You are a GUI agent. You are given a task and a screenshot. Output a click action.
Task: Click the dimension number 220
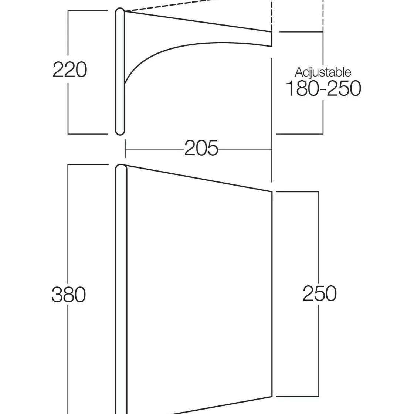coord(70,70)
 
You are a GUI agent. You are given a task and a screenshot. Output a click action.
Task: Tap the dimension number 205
coord(201,148)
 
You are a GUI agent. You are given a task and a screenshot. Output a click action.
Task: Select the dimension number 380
coord(69,295)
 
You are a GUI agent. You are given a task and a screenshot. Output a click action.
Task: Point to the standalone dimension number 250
coord(319,293)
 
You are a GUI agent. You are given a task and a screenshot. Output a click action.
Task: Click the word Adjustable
coord(323,72)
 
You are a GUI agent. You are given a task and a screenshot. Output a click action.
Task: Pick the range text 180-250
coord(323,88)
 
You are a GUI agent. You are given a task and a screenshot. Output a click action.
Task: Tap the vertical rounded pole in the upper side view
coord(120,71)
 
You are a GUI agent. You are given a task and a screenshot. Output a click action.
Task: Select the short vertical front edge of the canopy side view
coord(272,39)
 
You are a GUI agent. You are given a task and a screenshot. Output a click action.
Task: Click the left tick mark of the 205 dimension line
coord(125,149)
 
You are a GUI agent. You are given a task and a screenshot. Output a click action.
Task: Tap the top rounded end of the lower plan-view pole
coord(121,167)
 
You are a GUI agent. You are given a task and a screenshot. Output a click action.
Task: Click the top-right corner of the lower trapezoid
coord(272,192)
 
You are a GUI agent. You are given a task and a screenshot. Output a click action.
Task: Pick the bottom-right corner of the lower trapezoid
coord(272,397)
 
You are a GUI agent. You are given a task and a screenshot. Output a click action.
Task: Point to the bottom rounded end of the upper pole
coord(120,132)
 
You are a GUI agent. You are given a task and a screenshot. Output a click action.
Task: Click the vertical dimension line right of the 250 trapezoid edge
coord(319,294)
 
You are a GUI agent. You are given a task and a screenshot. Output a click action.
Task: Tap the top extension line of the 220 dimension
coord(88,11)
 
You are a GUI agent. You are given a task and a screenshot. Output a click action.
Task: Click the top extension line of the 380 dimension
coord(88,164)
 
